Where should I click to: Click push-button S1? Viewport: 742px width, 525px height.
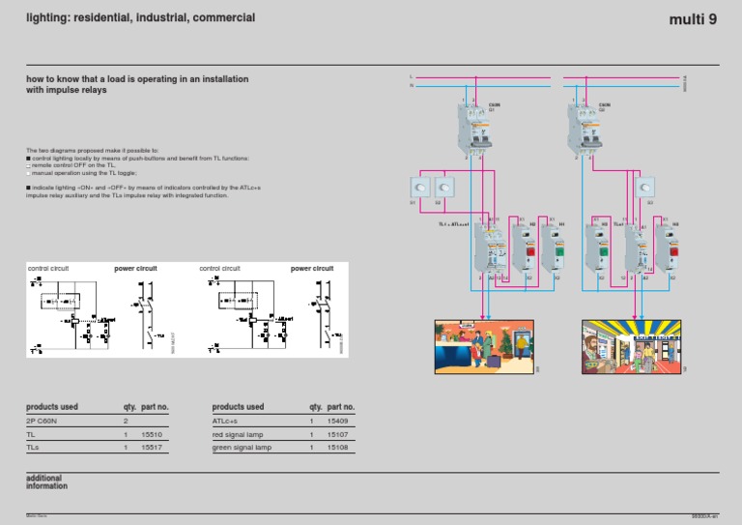[x=417, y=187]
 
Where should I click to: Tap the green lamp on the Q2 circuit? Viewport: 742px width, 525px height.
[x=603, y=253]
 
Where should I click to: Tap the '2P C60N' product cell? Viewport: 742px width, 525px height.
[x=44, y=422]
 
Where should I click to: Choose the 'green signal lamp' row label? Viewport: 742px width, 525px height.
[x=242, y=448]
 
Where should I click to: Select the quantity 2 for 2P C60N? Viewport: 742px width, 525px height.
[x=126, y=422]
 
